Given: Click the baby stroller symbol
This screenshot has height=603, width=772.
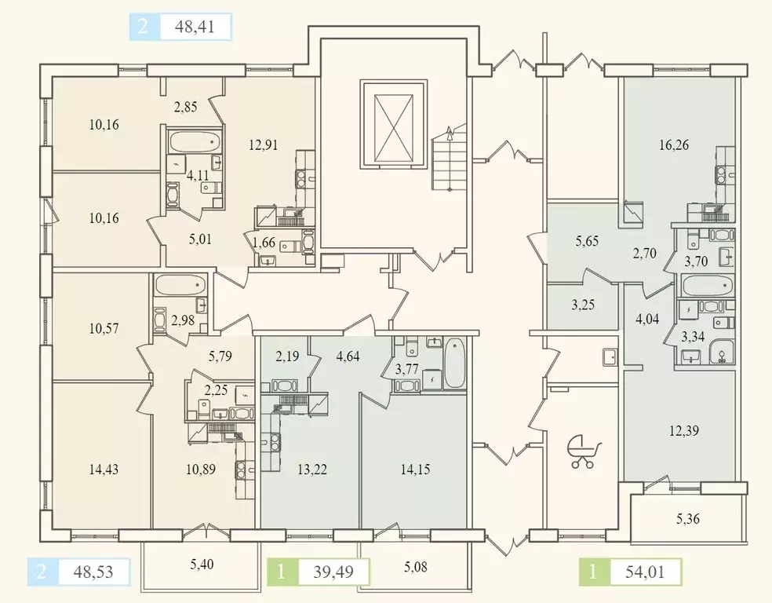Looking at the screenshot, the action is coord(584,451).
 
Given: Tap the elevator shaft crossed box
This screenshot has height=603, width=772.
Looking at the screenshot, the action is coord(393,125).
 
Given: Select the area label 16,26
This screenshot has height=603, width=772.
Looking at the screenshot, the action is coord(673,144).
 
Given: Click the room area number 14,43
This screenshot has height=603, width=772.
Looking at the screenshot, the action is coord(104,470).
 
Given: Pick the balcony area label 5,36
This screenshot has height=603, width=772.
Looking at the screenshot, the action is coord(688,519).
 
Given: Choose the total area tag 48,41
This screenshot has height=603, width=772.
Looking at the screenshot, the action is coord(195,26).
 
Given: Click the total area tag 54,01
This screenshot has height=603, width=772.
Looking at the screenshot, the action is coord(644,572).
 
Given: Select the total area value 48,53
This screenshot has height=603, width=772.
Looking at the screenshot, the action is coord(93,572).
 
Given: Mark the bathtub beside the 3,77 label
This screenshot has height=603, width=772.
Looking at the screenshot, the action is coord(454,363).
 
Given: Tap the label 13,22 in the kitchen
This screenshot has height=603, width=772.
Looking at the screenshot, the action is coord(312,470).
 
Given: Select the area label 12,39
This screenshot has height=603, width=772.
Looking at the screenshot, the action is coord(684,431).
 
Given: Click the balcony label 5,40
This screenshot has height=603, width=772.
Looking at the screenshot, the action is coord(202,564).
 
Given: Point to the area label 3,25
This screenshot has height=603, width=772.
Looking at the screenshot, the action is coord(583,305).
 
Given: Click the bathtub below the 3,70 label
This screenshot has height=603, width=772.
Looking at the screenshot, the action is coord(707,285).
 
